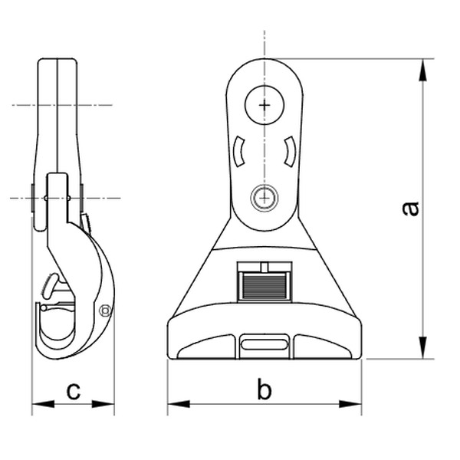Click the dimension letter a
(x=412, y=208)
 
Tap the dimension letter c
(x=73, y=391)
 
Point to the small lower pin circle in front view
(x=264, y=197)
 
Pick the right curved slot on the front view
(x=290, y=151)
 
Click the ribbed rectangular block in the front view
(x=264, y=283)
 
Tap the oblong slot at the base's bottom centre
(x=264, y=346)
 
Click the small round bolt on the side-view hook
(x=105, y=310)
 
